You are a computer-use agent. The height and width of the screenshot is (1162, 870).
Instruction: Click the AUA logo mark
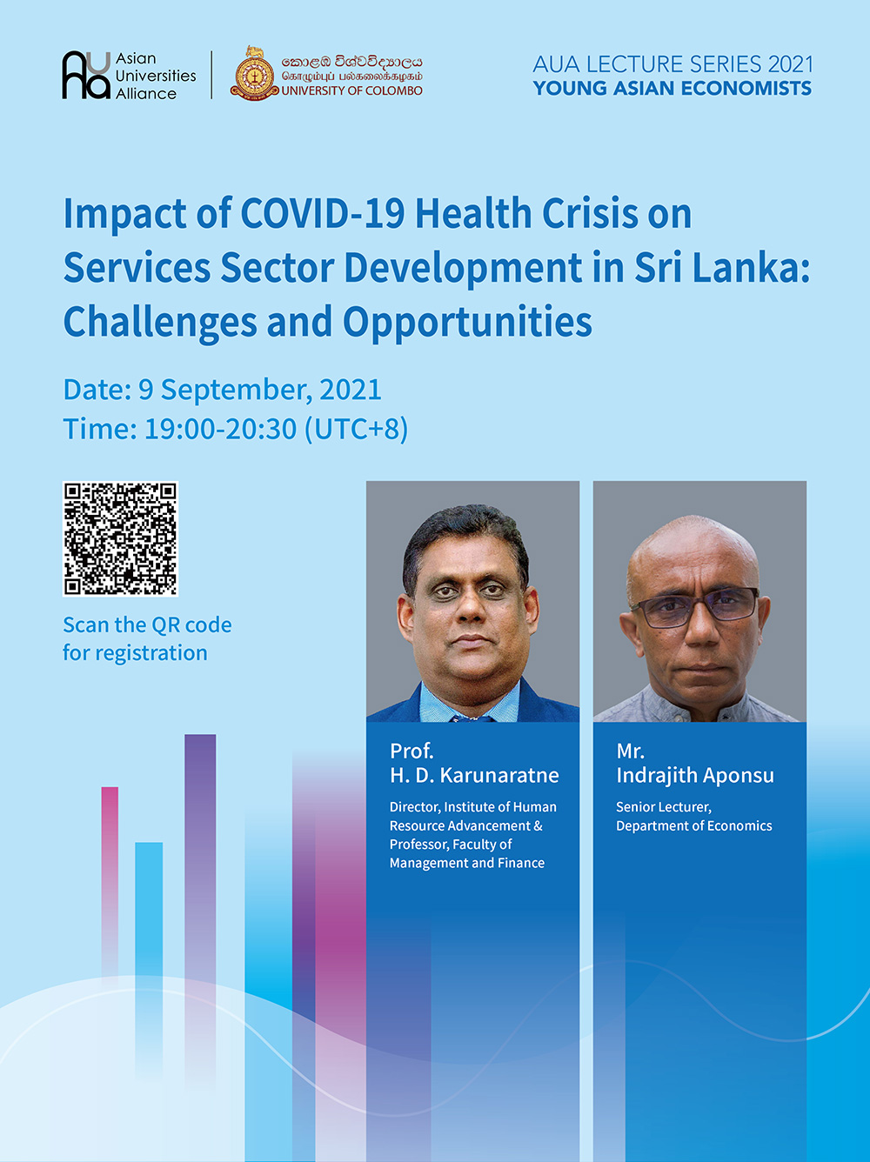86,75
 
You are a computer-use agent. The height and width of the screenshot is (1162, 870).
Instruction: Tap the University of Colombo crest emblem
254,73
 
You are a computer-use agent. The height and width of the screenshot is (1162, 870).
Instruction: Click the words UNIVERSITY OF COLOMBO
351,90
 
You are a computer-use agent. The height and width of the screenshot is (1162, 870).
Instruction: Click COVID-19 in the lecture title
323,213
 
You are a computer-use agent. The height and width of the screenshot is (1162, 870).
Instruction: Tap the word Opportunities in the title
467,322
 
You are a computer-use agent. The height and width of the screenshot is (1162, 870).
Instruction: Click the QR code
120,539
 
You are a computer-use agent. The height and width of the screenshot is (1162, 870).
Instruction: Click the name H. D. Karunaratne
474,776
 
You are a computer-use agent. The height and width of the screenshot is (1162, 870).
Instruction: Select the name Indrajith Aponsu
695,776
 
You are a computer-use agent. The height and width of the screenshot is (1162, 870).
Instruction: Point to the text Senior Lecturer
664,807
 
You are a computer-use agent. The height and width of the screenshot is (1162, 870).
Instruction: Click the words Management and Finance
467,863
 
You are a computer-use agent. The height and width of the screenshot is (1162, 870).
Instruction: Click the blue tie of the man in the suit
472,718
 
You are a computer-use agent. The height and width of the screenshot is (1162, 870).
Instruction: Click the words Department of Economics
693,826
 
